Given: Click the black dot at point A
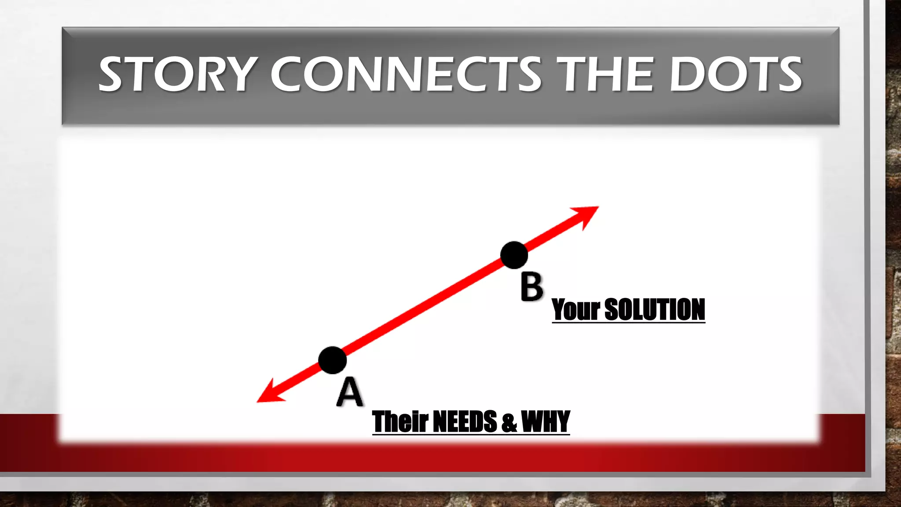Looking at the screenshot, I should (x=333, y=360).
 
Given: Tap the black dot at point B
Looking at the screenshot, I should (x=514, y=255).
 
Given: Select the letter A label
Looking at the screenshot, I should (x=350, y=393).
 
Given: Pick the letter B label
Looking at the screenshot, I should (x=531, y=287).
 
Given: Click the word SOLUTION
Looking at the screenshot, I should (x=655, y=309).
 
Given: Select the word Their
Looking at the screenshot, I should (x=400, y=421).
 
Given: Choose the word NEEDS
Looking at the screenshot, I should (x=465, y=421).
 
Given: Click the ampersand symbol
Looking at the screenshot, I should (x=509, y=422).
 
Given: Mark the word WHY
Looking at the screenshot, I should (x=546, y=421).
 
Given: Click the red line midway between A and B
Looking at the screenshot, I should (x=423, y=308).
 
